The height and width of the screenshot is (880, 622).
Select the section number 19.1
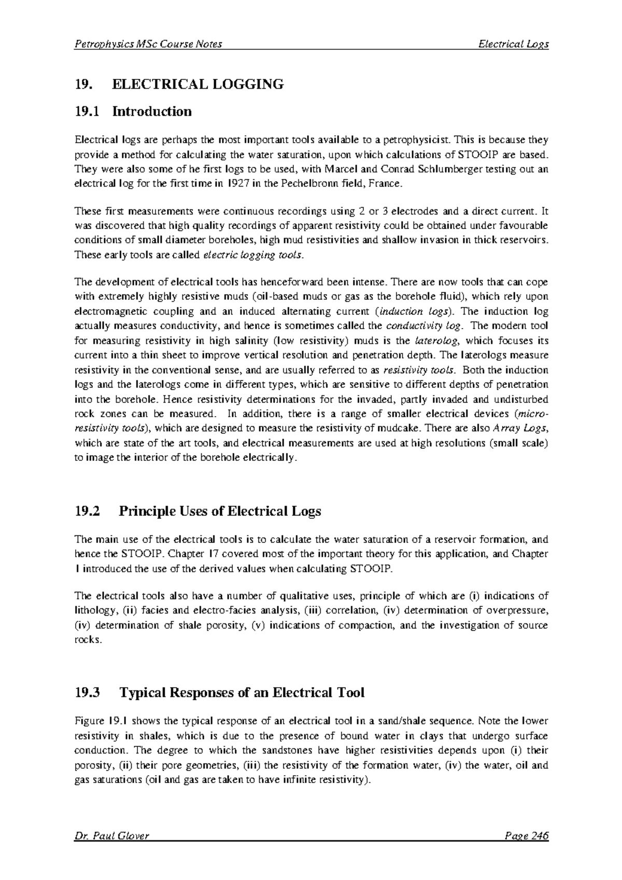(86, 111)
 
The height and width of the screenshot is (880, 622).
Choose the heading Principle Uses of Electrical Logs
(220, 512)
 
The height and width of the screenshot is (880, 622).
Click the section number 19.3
(86, 693)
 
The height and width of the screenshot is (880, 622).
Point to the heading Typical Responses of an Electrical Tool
(242, 693)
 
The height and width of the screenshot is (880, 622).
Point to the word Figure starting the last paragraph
(90, 721)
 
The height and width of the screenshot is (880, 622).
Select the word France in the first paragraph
(386, 184)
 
